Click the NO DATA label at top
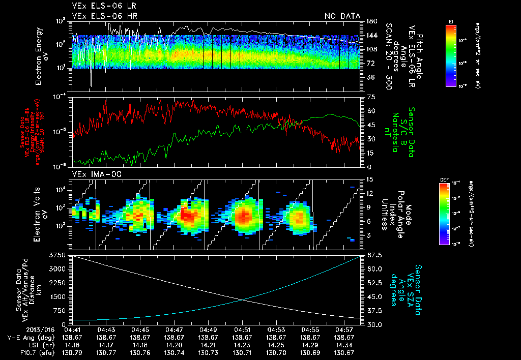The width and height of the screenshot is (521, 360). click(x=342, y=16)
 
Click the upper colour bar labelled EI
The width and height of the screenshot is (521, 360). click(x=451, y=55)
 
